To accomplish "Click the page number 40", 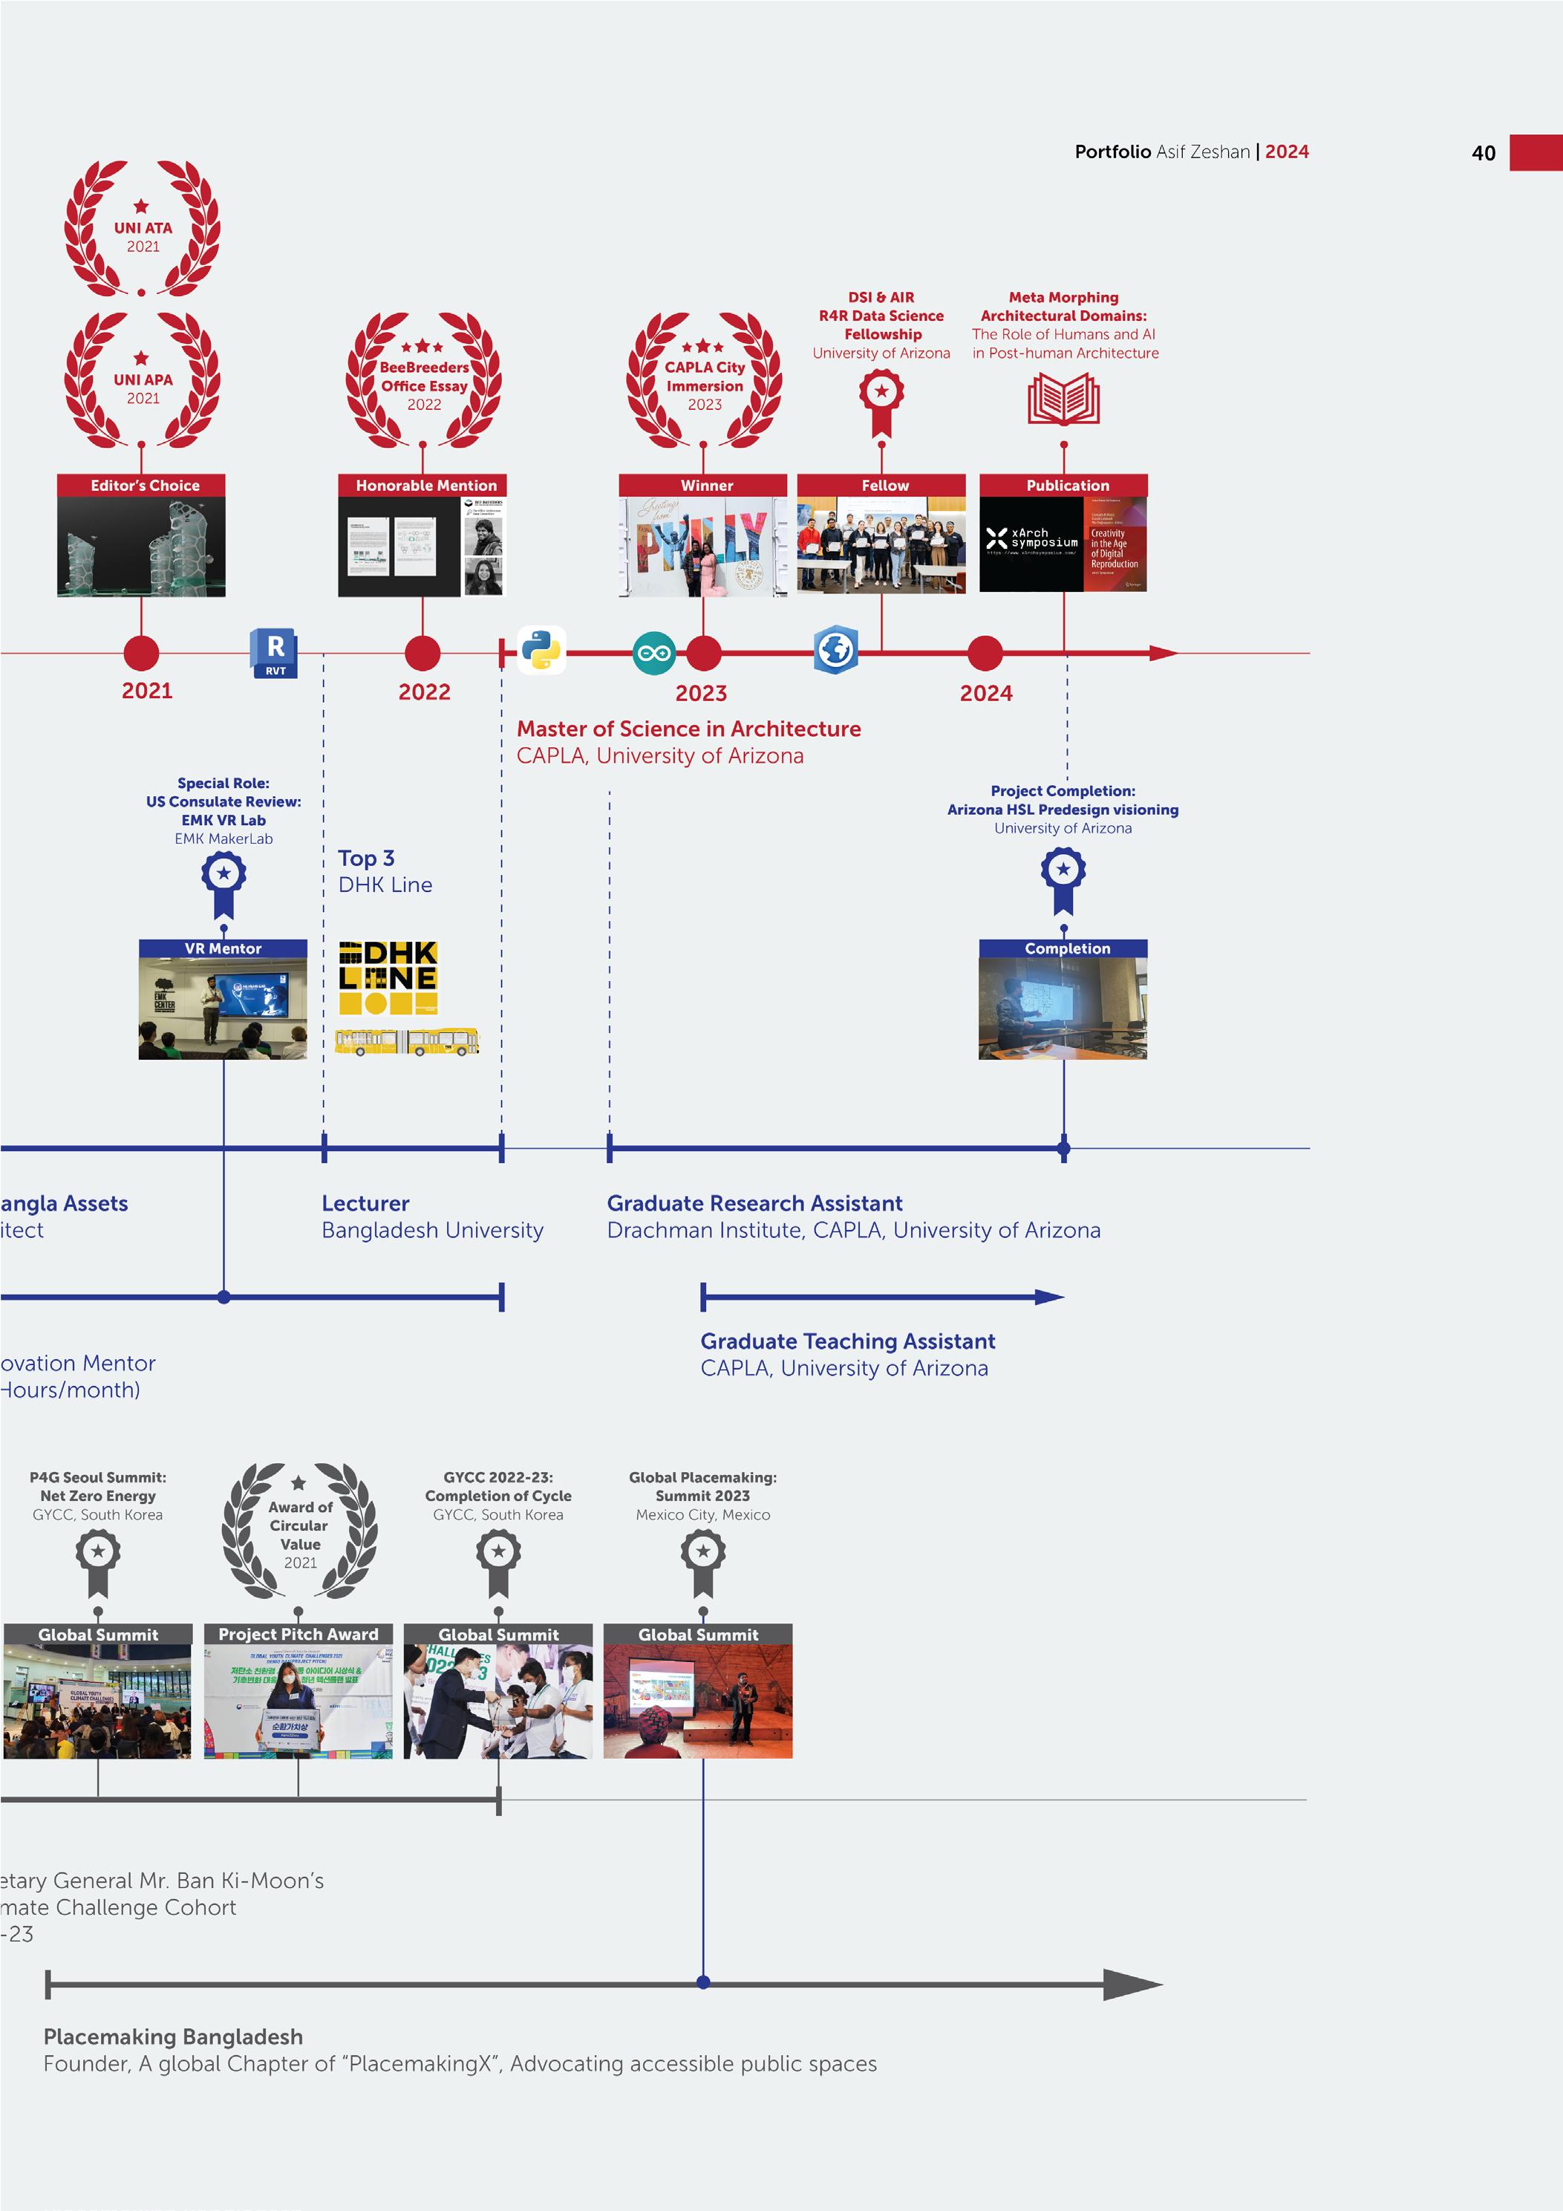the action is [1483, 153].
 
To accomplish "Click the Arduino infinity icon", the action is [654, 654].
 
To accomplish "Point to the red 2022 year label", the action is [424, 691].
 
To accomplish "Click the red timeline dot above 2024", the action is [985, 653].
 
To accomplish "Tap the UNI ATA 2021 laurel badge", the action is [143, 228].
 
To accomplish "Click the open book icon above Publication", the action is [1063, 400].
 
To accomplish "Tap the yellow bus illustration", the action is [406, 1042].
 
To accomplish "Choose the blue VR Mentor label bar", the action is [223, 948].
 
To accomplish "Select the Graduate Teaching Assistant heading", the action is [847, 1341].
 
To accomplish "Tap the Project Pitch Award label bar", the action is [298, 1634].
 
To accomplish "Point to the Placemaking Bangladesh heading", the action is [173, 2036].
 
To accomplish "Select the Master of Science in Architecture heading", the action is [688, 729].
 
